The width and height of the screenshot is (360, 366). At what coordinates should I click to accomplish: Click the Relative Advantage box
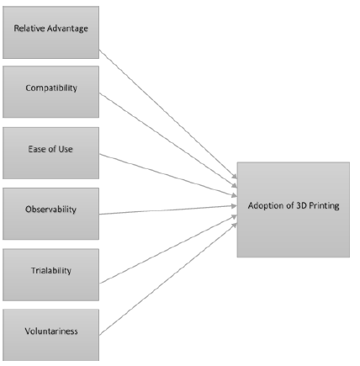pyautogui.click(x=50, y=31)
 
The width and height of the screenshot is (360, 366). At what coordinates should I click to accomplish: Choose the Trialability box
pyautogui.click(x=50, y=272)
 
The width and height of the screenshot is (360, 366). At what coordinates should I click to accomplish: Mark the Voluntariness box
pyautogui.click(x=50, y=332)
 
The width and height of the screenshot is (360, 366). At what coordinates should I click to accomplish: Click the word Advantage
pyautogui.click(x=68, y=31)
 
